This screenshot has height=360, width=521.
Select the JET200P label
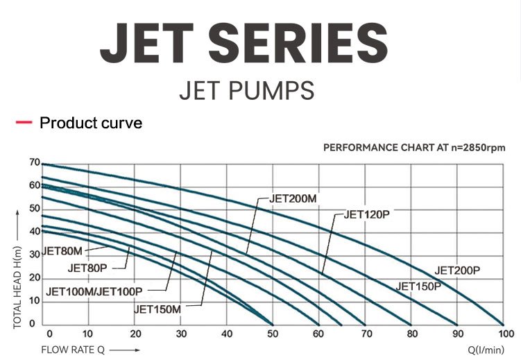pos(457,271)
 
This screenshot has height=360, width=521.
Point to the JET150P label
pos(418,286)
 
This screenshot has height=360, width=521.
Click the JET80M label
pos(63,251)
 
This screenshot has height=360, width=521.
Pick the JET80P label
pos(87,268)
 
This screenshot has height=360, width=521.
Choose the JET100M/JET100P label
pos(94,291)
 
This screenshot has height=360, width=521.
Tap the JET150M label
pos(157,309)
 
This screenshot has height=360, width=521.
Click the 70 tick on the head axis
pos(34,162)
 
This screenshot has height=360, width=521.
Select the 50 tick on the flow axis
pos(272,334)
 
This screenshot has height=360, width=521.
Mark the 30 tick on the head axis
pos(34,255)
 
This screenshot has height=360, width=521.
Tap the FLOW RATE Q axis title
pos(72,350)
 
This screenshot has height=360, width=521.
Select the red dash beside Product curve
pos(24,123)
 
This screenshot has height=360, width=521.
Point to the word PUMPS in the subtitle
pos(277,91)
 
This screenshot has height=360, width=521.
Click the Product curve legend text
pos(91,123)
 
